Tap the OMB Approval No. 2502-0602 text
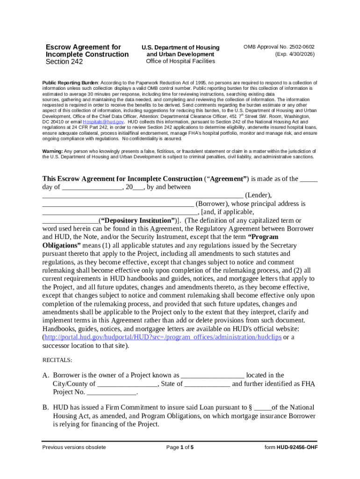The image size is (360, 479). (x=279, y=47)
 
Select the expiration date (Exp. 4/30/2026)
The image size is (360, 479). (x=295, y=54)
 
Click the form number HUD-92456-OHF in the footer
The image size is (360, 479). (x=291, y=447)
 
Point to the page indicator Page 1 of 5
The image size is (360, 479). (x=180, y=447)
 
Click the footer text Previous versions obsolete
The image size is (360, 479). (x=74, y=447)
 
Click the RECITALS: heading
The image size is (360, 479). (x=58, y=360)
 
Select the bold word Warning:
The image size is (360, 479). (x=53, y=152)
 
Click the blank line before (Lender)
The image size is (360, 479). (x=143, y=195)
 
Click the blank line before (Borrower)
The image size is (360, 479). (x=118, y=204)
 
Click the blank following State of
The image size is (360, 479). (x=207, y=384)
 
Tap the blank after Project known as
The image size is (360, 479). (x=212, y=375)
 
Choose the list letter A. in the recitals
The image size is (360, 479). (x=46, y=376)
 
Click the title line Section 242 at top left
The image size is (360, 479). (x=64, y=62)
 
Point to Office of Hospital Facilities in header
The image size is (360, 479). (x=180, y=61)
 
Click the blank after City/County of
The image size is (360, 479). (x=128, y=384)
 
